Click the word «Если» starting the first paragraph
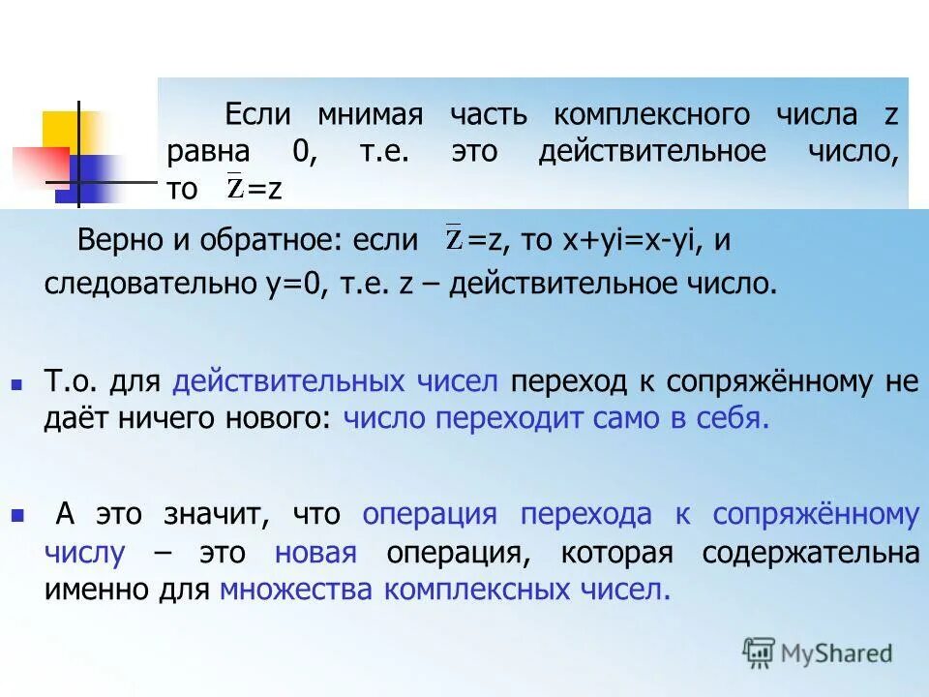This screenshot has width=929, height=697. [x=258, y=115]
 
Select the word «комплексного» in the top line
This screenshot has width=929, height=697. [x=651, y=115]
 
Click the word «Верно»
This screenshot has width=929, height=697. [x=115, y=241]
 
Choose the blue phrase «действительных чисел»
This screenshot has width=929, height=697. [x=336, y=381]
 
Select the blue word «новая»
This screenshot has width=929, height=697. [x=315, y=553]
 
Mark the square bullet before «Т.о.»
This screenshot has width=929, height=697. [x=15, y=384]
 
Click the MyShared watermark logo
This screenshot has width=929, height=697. [x=818, y=652]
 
